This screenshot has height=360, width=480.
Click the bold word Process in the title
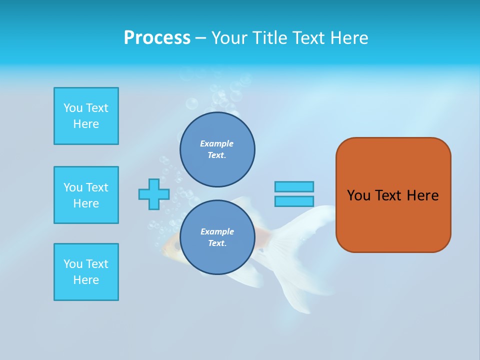[157, 38]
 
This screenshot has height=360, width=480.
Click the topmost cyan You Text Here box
[86, 116]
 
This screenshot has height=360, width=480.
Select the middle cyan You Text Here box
[86, 195]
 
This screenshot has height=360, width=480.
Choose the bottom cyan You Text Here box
[86, 272]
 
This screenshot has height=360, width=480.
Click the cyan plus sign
[154, 194]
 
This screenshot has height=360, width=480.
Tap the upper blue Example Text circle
[217, 149]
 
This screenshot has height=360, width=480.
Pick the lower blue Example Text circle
[217, 237]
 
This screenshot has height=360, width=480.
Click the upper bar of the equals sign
[294, 186]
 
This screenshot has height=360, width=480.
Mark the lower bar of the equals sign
[294, 201]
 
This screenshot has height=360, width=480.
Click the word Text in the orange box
[388, 195]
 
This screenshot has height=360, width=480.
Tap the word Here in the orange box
[422, 195]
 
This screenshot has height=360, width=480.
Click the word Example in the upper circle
[216, 143]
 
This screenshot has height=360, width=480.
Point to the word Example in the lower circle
[217, 231]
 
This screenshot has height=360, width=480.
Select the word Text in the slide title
[306, 38]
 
